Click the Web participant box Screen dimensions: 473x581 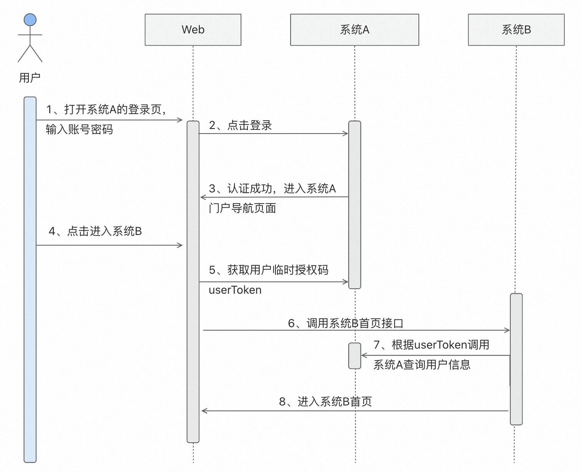click(193, 30)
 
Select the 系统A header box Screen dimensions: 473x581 click(354, 30)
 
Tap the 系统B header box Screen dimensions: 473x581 click(516, 30)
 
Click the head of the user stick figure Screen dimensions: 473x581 click(30, 20)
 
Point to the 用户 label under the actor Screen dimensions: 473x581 click(30, 78)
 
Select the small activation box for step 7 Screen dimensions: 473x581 click(355, 356)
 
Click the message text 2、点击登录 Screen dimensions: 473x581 click(241, 125)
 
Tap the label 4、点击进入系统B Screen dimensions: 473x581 click(95, 231)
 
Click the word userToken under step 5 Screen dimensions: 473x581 click(235, 290)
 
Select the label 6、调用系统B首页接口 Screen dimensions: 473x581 click(345, 323)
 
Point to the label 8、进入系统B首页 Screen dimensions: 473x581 click(325, 402)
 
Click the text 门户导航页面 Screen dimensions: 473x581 click(242, 208)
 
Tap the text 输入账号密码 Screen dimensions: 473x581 click(79, 129)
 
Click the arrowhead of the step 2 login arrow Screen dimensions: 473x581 click(345, 134)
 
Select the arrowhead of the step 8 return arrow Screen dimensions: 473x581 click(204, 411)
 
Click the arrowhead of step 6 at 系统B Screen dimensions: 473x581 click(507, 330)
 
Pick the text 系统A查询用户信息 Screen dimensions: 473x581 click(422, 365)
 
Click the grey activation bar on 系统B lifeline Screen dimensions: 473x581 click(516, 359)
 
